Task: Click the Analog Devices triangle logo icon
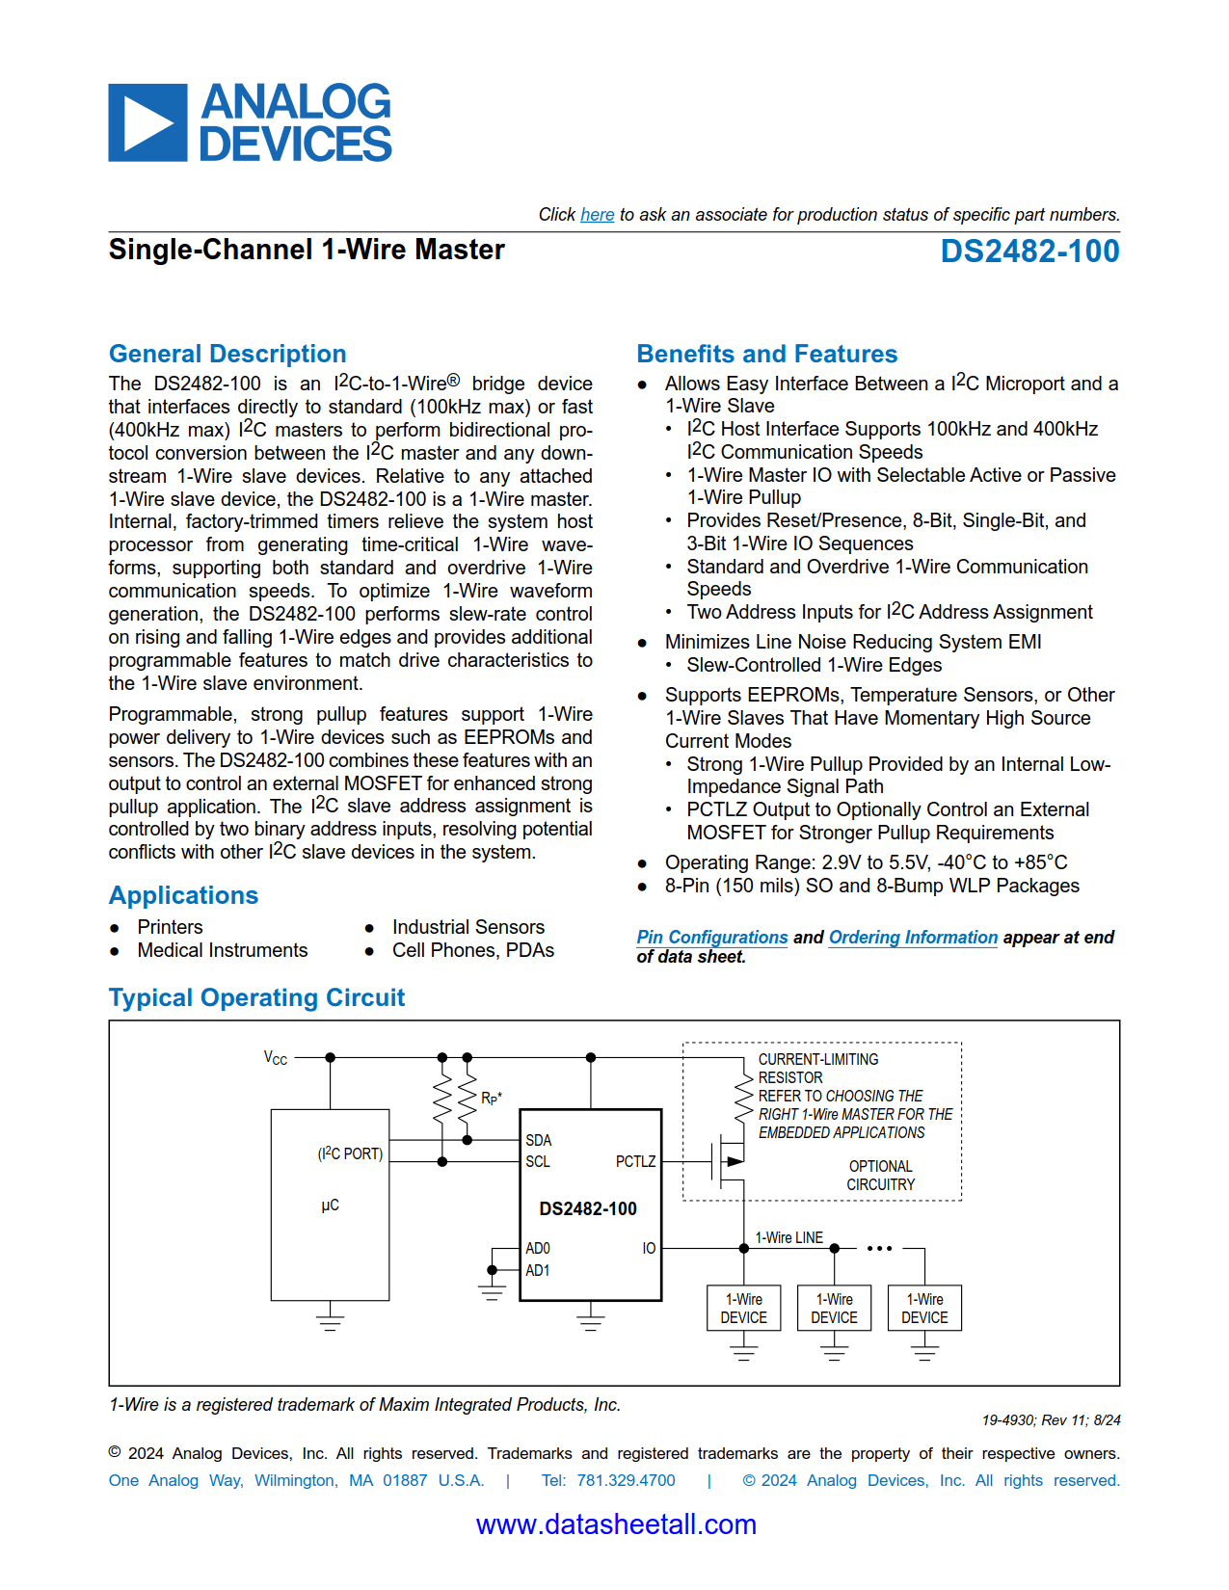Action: [x=147, y=122]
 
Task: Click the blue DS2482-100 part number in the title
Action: [x=1029, y=252]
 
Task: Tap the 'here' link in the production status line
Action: [x=597, y=215]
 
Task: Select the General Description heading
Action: [x=227, y=354]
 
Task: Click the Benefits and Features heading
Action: [x=766, y=354]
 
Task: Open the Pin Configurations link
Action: [x=711, y=938]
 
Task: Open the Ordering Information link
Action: [x=913, y=938]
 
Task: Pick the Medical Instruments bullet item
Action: [x=222, y=950]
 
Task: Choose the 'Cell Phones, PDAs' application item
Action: [x=472, y=950]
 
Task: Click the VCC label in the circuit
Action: [x=276, y=1058]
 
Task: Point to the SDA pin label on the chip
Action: [x=538, y=1140]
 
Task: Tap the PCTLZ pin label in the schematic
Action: [x=635, y=1162]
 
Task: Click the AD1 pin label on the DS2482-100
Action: [x=537, y=1271]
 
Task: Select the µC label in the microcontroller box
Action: [x=330, y=1206]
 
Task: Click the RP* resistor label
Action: [x=491, y=1098]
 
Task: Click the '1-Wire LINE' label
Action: [x=788, y=1238]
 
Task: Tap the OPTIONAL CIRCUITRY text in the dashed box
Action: [x=880, y=1176]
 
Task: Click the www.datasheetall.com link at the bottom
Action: [x=615, y=1524]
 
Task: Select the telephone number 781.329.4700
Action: [x=626, y=1480]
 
